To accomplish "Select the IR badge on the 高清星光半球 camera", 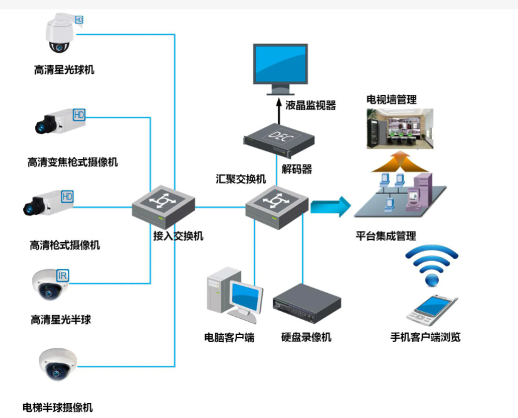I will (x=63, y=275).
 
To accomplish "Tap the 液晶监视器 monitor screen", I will (x=280, y=65).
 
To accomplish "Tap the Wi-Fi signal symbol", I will (x=431, y=264).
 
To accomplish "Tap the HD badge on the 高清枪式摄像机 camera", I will (x=67, y=196).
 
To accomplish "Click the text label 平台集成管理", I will (x=386, y=237).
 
